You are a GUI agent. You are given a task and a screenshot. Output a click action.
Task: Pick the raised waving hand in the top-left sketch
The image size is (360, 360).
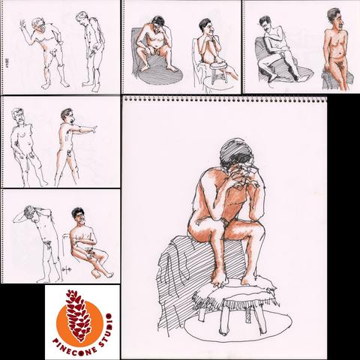coord(23,25)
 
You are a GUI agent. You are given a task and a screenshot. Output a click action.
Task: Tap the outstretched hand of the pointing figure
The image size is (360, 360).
coord(94,129)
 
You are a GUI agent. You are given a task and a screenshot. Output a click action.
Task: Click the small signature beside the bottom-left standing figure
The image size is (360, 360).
coord(64,269)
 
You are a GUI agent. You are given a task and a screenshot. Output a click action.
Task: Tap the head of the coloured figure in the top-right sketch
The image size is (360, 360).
coord(335,17)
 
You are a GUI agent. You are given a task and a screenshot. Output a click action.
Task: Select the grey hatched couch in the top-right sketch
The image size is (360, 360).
coord(280,62)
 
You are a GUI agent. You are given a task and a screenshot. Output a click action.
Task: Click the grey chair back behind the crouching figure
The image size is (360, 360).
coord(136,47)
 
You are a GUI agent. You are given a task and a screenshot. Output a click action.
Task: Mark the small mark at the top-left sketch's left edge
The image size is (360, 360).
coord(7,61)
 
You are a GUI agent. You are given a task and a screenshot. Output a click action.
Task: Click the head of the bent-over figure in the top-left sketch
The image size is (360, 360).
coord(82,18)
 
